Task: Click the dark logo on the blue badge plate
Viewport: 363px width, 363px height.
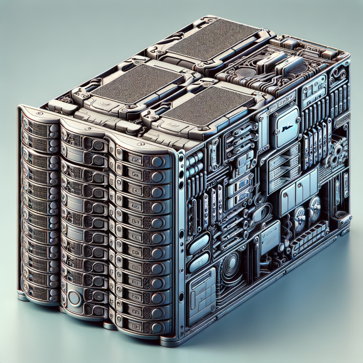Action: pos(284,129)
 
